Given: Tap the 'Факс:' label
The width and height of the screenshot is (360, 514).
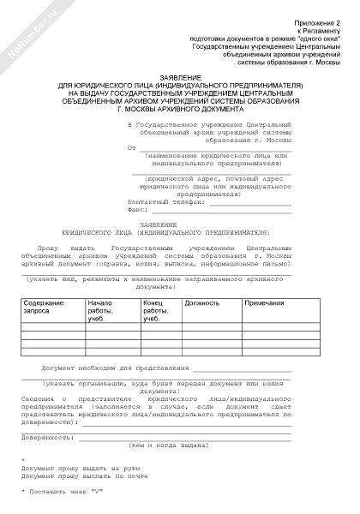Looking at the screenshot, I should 137,209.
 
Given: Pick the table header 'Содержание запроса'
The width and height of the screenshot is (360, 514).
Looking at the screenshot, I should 43,308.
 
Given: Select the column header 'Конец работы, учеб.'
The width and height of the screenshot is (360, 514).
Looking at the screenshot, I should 154,311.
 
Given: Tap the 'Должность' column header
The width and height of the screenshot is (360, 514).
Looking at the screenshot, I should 201,303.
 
